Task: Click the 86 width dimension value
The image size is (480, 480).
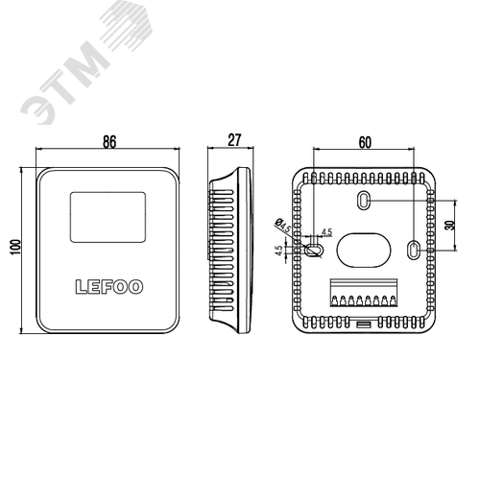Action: coord(109,142)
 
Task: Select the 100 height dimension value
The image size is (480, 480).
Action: coord(15,247)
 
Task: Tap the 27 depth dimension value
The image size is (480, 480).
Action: coord(234,140)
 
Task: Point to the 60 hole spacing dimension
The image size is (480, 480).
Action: coord(365,142)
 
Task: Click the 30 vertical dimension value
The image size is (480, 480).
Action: coord(449,225)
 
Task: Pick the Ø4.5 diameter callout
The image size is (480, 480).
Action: coord(283,225)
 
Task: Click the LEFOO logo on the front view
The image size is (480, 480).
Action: coord(109,287)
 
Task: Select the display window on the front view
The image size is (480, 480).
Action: coord(108,217)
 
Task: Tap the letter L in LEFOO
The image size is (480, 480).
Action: coord(81,287)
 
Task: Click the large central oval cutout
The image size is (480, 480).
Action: coord(364,251)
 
